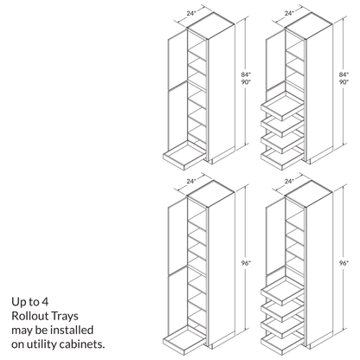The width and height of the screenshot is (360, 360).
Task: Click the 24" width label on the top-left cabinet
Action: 191,13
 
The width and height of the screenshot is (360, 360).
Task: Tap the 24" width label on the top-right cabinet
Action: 289,13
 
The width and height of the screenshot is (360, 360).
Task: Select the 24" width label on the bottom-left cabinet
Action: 191,182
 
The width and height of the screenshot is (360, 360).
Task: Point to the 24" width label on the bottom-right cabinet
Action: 289,182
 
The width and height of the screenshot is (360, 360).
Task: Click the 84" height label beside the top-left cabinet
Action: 246,74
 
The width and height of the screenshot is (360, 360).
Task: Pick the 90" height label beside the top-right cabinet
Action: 344,82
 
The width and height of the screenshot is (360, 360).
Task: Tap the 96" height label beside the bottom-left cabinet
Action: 246,263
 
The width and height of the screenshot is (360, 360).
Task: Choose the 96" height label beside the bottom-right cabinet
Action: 344,263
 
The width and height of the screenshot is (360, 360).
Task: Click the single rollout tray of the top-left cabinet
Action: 184,156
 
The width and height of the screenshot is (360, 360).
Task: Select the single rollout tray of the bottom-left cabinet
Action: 184,340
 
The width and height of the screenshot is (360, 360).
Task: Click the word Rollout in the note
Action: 27,316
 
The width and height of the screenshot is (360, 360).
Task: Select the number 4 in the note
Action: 45,302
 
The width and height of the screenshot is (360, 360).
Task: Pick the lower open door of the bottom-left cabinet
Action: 177,301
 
